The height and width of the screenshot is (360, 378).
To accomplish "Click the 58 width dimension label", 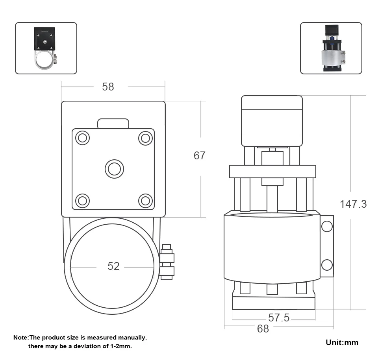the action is pyautogui.click(x=108, y=87).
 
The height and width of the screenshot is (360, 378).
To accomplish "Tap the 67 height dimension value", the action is pyautogui.click(x=199, y=156).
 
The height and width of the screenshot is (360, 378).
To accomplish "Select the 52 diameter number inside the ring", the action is pyautogui.click(x=113, y=266).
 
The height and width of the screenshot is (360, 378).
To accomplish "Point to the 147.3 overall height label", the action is pyautogui.click(x=353, y=204).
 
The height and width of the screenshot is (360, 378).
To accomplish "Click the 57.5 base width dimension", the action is pyautogui.click(x=279, y=318).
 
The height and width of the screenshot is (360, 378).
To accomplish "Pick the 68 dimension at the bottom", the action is pyautogui.click(x=263, y=329).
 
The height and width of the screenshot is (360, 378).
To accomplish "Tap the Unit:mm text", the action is pyautogui.click(x=342, y=342).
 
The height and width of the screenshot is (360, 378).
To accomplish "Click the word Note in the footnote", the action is pyautogui.click(x=20, y=337).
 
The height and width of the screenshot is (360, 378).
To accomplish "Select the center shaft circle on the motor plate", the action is pyautogui.click(x=115, y=169).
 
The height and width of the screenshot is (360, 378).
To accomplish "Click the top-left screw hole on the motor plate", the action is pyautogui.click(x=82, y=138).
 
